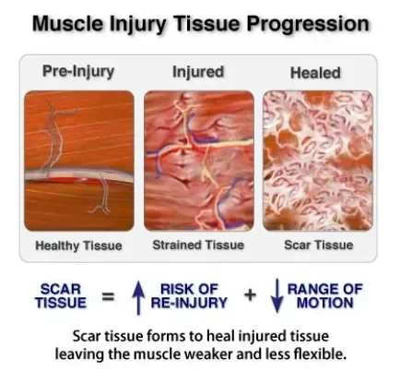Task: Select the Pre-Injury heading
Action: [x=78, y=72]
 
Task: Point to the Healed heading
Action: [x=314, y=72]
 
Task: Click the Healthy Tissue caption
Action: [x=78, y=245]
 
